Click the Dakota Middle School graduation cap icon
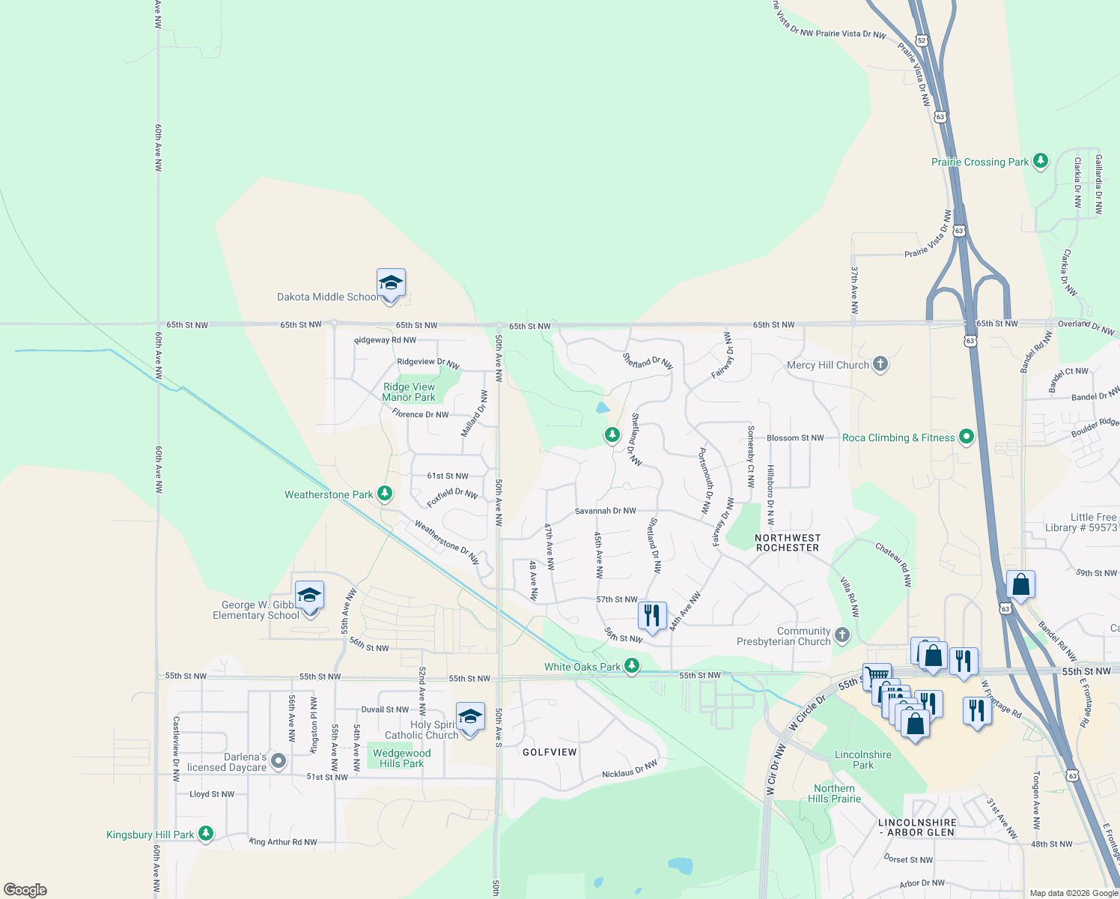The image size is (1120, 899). tap(391, 284)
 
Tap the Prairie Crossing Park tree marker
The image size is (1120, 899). tap(1040, 161)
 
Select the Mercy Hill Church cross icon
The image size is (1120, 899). tap(880, 365)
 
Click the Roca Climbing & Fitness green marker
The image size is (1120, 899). tap(966, 437)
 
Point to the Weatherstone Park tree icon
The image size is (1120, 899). tap(385, 494)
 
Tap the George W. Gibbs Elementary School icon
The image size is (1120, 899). tap(309, 596)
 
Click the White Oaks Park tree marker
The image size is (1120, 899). tap(632, 666)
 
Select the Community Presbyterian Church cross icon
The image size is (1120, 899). tap(842, 636)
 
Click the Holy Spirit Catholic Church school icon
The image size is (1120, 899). tap(469, 718)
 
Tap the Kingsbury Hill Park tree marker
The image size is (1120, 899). tap(206, 834)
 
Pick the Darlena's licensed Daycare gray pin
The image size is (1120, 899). tap(279, 762)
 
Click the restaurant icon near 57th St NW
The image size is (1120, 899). tap(652, 616)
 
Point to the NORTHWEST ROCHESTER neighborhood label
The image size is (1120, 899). tap(788, 543)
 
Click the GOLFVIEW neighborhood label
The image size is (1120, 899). tap(550, 752)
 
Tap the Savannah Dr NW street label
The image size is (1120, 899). tap(605, 511)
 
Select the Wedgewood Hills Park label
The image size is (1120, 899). tap(401, 758)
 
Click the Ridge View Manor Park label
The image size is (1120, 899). tap(409, 392)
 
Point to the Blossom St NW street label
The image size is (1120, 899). tap(795, 438)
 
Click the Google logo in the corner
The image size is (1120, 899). tap(25, 889)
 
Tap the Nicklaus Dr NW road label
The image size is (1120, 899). tap(630, 769)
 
